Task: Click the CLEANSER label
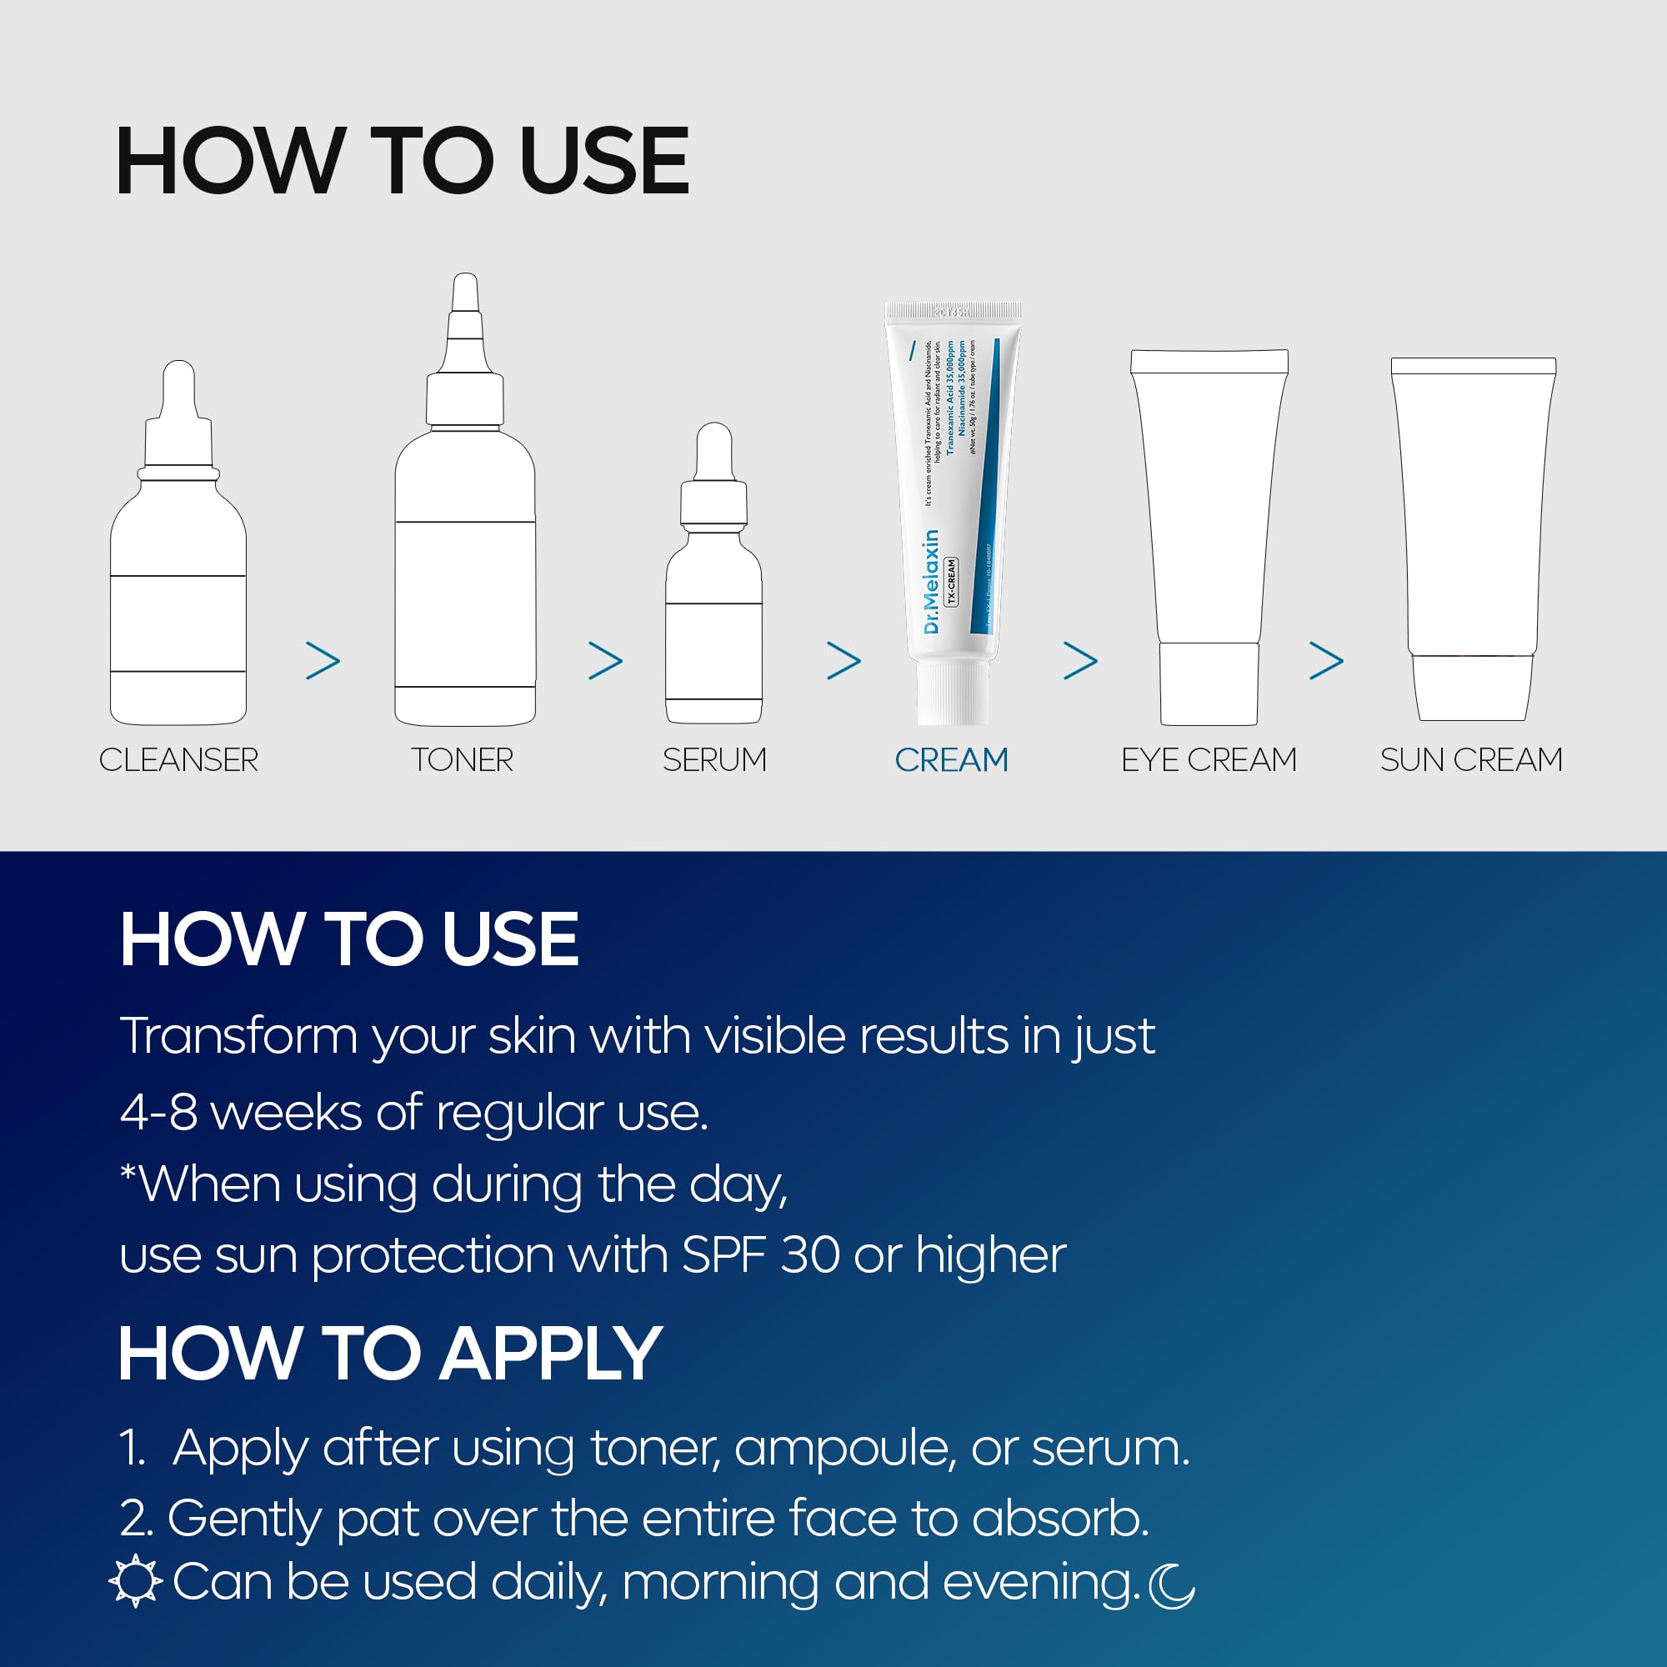(x=178, y=760)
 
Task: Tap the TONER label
(x=463, y=760)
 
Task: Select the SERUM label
(x=714, y=760)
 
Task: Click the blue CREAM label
(x=951, y=760)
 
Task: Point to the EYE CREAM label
(x=1208, y=760)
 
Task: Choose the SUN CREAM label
(x=1471, y=760)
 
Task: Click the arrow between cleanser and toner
(x=323, y=661)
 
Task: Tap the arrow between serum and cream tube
(x=844, y=661)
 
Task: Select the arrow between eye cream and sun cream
(x=1326, y=661)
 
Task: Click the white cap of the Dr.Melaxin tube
(x=952, y=693)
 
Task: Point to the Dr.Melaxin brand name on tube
(x=930, y=582)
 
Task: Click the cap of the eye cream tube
(x=1208, y=683)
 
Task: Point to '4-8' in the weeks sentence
(x=158, y=1113)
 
